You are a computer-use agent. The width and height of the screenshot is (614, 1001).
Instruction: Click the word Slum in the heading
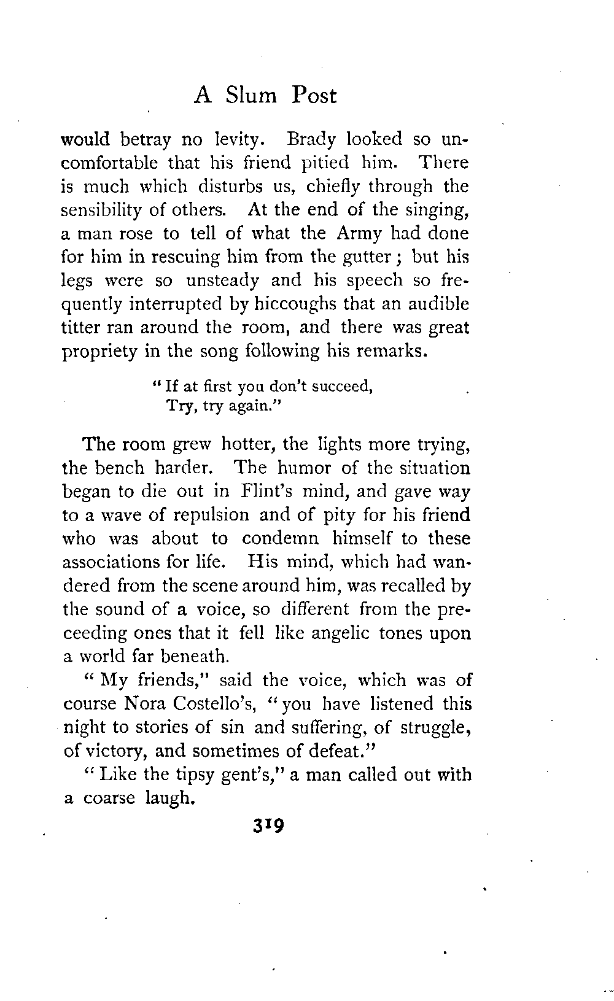251,96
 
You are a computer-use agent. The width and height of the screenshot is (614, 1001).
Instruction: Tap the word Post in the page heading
314,96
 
